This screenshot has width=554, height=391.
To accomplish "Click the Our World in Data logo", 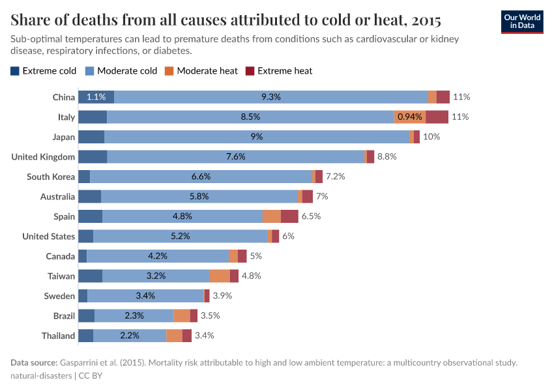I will [x=522, y=22].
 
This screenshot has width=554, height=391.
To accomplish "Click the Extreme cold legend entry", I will [x=43, y=70].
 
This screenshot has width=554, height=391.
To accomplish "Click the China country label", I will [x=64, y=97].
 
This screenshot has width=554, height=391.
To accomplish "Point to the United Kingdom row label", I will [x=43, y=157].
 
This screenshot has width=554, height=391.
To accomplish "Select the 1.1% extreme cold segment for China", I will [x=96, y=97].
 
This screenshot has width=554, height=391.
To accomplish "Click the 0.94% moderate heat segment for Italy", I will [x=410, y=117].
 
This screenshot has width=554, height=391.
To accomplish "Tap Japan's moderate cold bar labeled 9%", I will [x=256, y=137].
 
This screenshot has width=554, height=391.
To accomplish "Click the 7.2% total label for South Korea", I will [x=335, y=177].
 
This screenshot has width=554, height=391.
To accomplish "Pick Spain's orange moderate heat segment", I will [x=272, y=216].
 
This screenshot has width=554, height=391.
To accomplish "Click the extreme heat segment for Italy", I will [x=437, y=117].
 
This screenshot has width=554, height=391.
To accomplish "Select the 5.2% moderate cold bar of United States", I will [x=180, y=237].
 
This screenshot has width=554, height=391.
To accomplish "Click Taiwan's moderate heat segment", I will [x=220, y=276].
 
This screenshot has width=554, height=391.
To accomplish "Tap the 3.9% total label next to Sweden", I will [x=222, y=296].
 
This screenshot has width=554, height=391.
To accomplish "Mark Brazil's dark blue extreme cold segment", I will [x=86, y=316].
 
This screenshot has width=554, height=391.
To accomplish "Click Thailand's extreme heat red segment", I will [x=187, y=336].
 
